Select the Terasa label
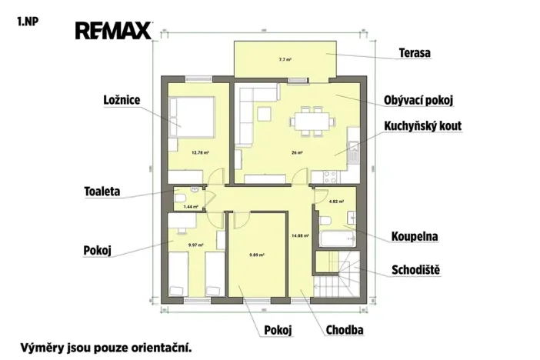[x=414, y=53]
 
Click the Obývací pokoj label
[x=419, y=101]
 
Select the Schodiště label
[x=420, y=270]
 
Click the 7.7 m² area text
[x=284, y=59]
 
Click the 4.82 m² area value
[x=335, y=202]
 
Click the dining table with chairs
[x=312, y=122]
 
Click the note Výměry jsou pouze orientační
[x=105, y=347]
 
